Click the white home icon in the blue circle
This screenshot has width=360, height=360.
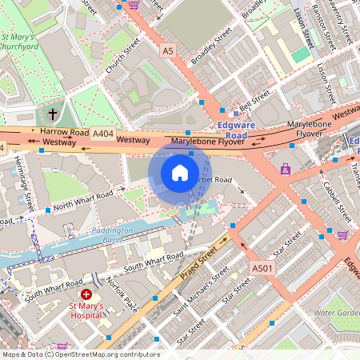click(180, 173)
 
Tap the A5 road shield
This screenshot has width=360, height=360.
click(167, 50)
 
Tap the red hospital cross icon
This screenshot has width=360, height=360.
click(86, 294)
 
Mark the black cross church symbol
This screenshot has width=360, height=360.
click(54, 114)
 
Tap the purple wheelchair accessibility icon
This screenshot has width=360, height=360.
click(286, 169)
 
